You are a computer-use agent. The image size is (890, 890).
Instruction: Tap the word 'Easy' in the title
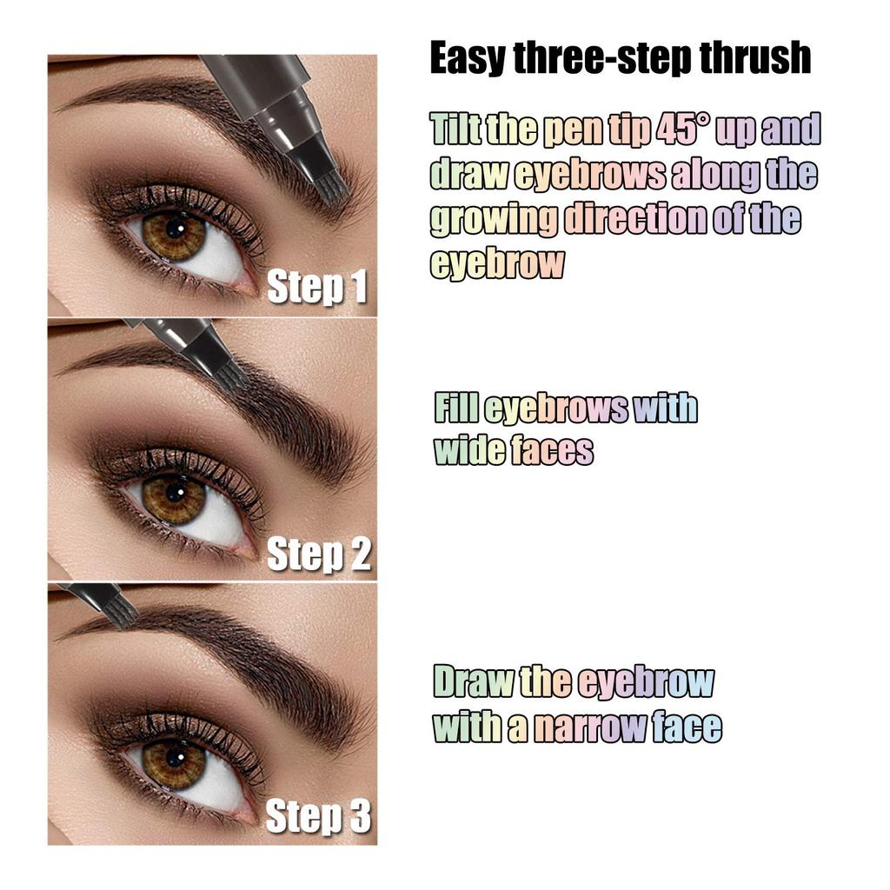(x=465, y=58)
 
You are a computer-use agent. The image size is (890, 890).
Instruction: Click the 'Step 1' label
(x=316, y=288)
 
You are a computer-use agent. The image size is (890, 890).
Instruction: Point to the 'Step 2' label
(x=318, y=555)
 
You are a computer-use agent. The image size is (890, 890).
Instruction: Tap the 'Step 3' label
(x=317, y=817)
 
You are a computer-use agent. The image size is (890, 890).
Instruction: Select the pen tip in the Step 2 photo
(x=229, y=373)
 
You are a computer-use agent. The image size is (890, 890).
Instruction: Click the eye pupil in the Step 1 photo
(x=175, y=229)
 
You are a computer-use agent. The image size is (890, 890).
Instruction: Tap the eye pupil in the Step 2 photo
(x=175, y=493)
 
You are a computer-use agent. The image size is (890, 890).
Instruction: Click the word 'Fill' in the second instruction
(x=455, y=408)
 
